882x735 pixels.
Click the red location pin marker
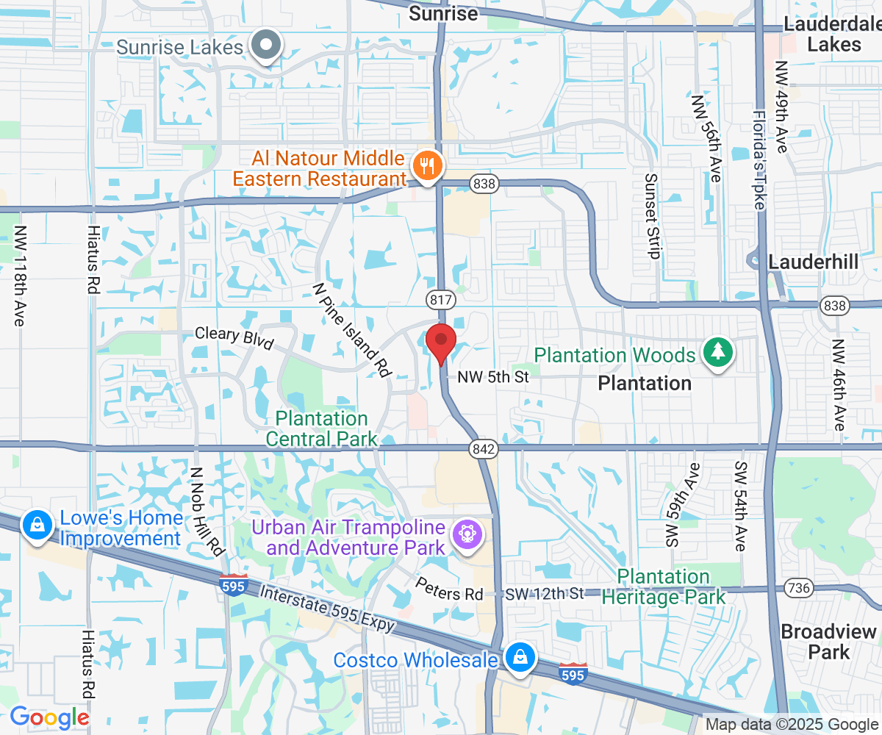point(441,340)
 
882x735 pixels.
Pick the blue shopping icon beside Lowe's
point(35,525)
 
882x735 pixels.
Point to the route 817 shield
point(440,299)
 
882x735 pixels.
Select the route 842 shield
point(485,448)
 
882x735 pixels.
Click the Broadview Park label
point(829,642)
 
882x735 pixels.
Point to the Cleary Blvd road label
point(234,338)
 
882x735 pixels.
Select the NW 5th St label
point(493,377)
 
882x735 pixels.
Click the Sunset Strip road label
point(651,215)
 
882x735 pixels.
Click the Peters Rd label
point(449,588)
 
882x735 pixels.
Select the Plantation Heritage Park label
point(664,587)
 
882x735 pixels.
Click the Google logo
point(49,717)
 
